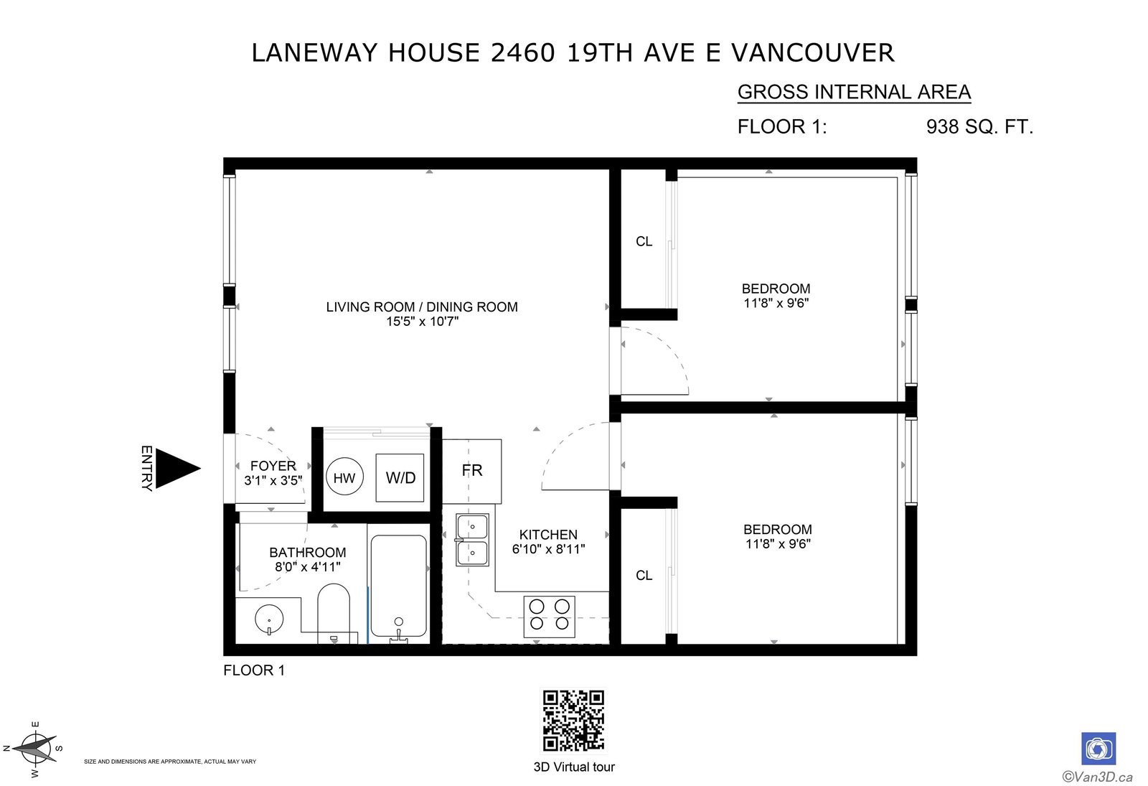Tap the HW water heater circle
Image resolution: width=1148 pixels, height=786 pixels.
(x=344, y=477)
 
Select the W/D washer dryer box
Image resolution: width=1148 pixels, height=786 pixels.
(x=400, y=477)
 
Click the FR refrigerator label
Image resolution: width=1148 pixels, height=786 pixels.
(x=472, y=470)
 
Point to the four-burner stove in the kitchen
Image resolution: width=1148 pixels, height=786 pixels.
(x=550, y=617)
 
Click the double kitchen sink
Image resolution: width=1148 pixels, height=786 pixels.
(x=473, y=540)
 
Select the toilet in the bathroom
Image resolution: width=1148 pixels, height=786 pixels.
(x=334, y=613)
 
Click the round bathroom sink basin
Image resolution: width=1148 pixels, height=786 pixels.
(x=269, y=619)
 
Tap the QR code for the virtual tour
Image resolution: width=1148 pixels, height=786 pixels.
(x=573, y=721)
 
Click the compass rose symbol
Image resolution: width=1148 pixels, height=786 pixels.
(x=34, y=749)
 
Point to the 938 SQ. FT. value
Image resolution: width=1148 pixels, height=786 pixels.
(x=979, y=126)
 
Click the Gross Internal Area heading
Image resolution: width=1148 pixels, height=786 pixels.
(x=854, y=93)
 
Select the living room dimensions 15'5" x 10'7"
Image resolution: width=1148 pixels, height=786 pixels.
(x=422, y=322)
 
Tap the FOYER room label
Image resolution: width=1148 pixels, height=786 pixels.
(x=273, y=466)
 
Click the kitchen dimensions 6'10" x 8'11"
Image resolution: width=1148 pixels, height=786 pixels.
(x=548, y=549)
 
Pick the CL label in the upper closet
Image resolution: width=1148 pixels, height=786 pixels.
(x=644, y=241)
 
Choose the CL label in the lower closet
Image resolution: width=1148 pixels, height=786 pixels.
(x=644, y=576)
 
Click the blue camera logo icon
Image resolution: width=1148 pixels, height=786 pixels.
(x=1098, y=749)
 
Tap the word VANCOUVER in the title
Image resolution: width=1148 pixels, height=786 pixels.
(x=813, y=53)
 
